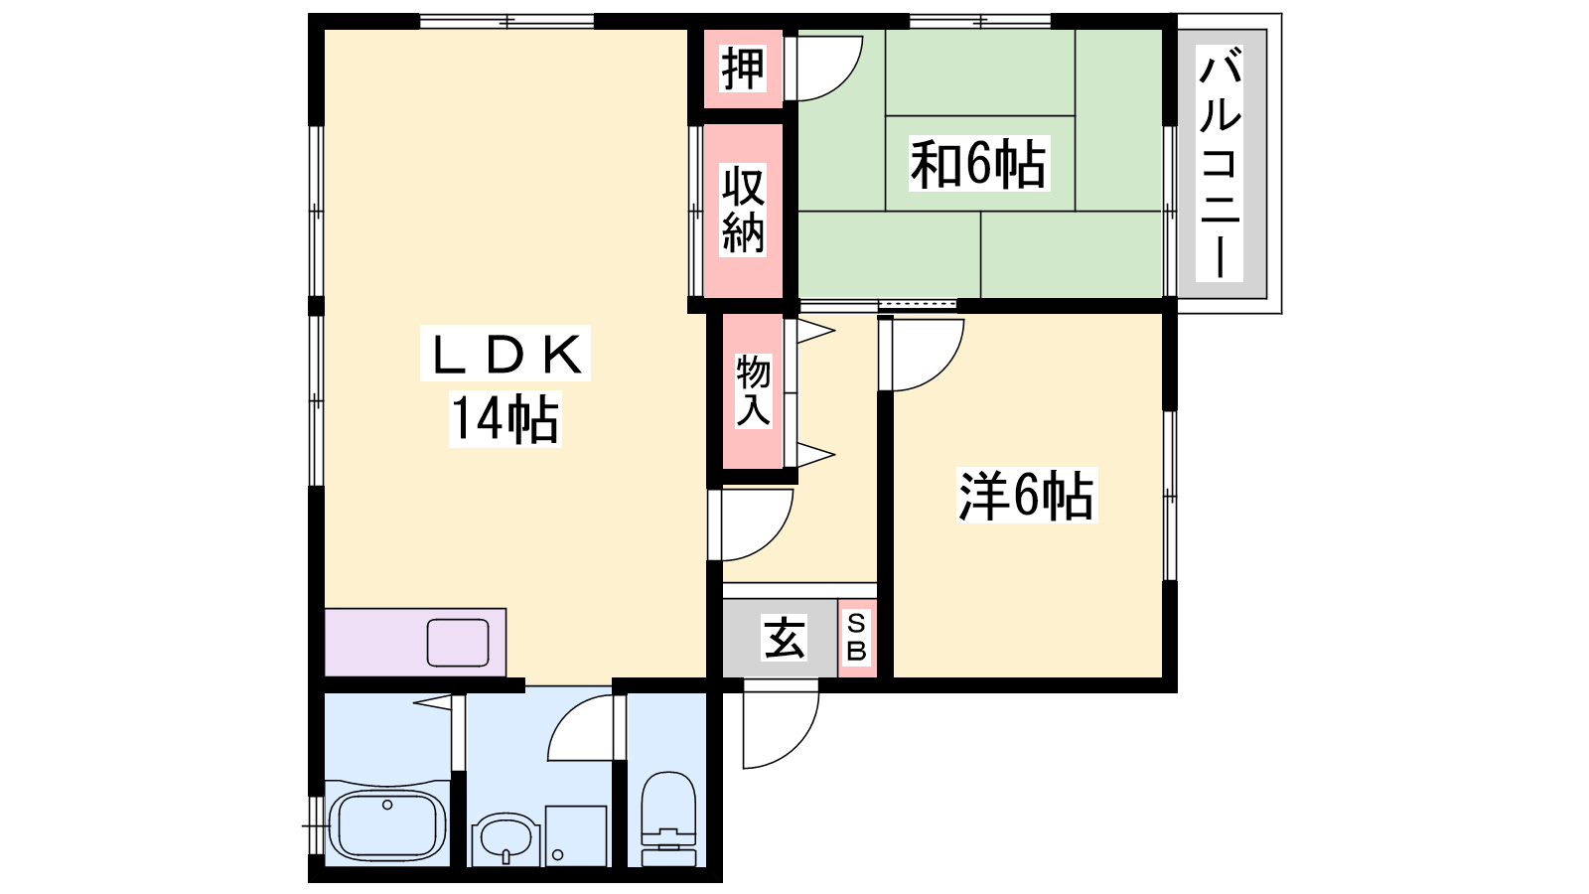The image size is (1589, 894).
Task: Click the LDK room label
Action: (x=506, y=354)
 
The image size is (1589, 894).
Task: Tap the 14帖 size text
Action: (x=506, y=419)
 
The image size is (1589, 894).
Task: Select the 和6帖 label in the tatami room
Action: (x=979, y=165)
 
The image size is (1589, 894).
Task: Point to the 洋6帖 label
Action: (x=1026, y=496)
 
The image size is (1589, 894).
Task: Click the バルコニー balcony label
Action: (x=1221, y=163)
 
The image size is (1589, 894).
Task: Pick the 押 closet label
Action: (x=743, y=69)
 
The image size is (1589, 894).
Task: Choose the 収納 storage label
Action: (x=743, y=210)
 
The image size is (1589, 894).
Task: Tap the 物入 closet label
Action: (x=753, y=391)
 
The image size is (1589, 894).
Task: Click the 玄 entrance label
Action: (x=784, y=638)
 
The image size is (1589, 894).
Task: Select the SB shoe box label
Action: (x=857, y=638)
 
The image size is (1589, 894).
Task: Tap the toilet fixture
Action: (x=668, y=819)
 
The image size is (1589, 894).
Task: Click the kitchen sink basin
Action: (x=458, y=643)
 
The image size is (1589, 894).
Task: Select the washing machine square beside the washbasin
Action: (x=576, y=835)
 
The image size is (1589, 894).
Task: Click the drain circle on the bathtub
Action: (x=387, y=805)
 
